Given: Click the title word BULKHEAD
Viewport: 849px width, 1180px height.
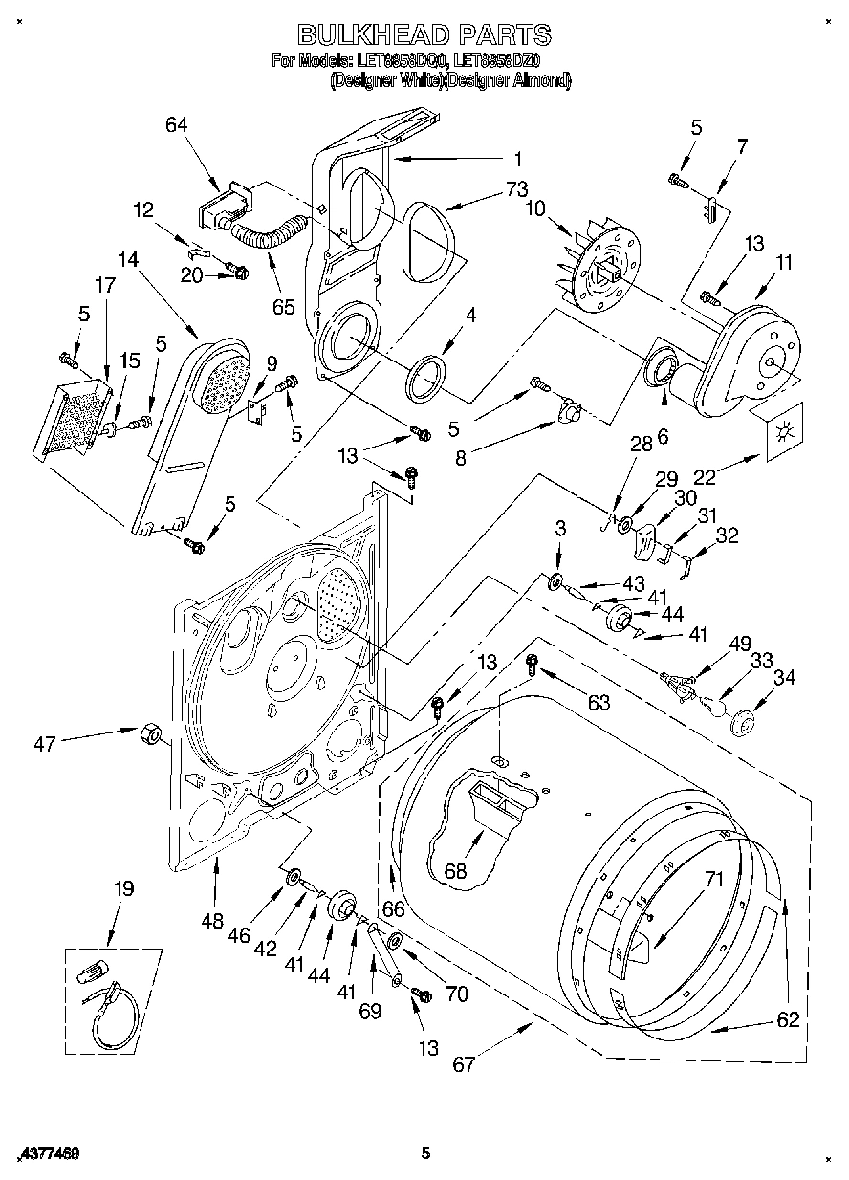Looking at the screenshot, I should coord(372,35).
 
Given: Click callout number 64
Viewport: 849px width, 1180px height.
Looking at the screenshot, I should coord(176,125).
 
